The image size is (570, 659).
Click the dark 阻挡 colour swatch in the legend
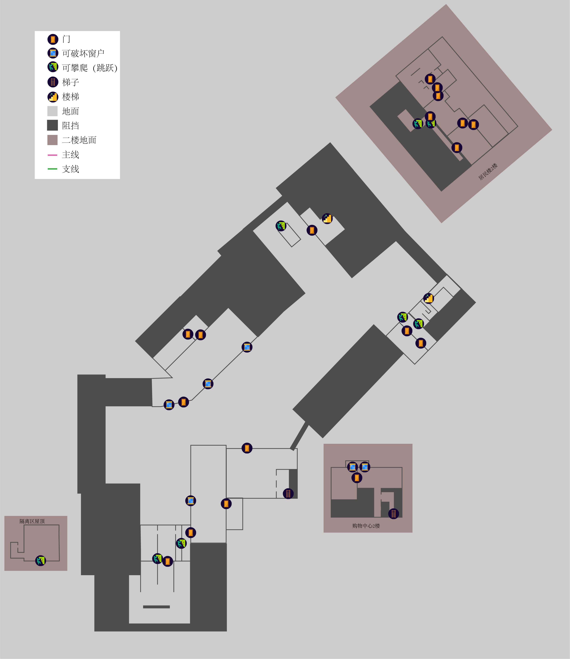53,125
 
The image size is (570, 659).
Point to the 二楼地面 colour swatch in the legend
53,140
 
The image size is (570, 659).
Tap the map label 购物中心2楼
366,526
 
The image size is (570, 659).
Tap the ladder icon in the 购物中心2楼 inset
394,513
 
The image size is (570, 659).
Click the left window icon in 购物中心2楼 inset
352,467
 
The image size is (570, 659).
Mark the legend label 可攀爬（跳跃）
90,68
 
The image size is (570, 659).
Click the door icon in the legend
53,39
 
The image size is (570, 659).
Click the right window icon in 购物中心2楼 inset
365,467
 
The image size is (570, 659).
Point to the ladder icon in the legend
53,82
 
